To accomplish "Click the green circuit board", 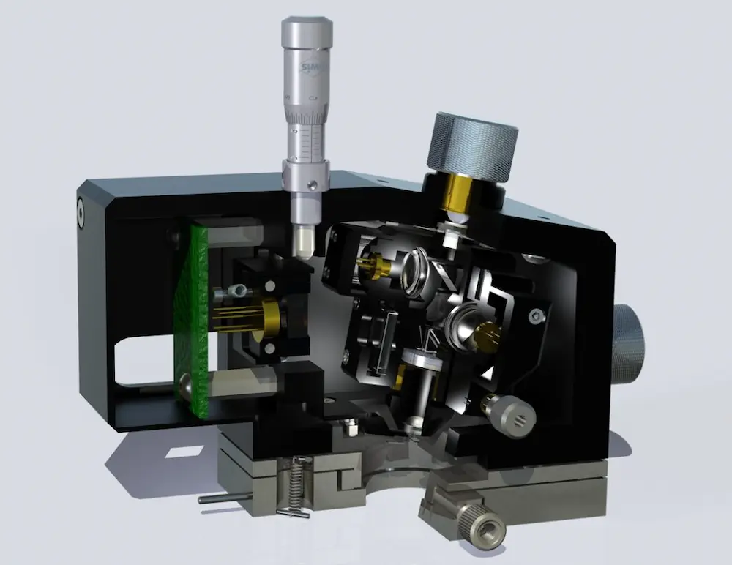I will coord(192,322).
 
